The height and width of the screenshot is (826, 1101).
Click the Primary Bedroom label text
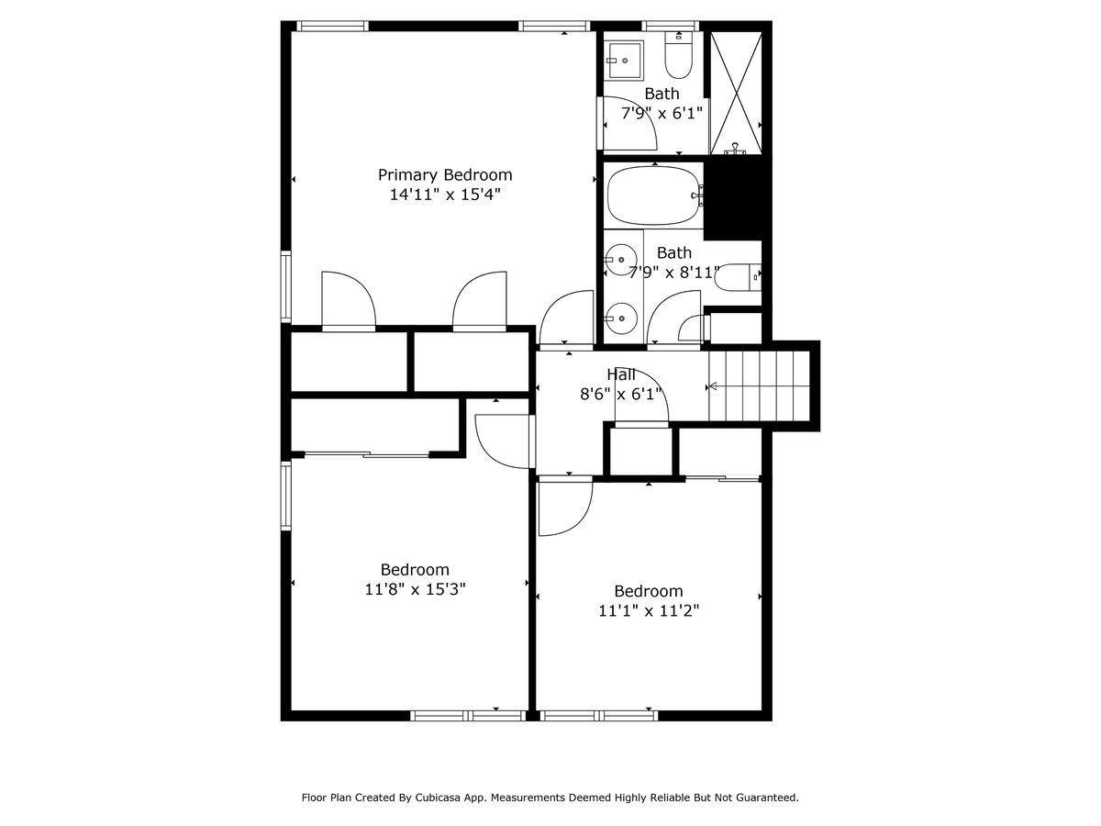tap(445, 174)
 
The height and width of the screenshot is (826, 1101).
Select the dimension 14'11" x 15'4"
tap(445, 195)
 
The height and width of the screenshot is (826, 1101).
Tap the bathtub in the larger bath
tap(652, 195)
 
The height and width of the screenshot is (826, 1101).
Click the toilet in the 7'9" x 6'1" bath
tap(678, 60)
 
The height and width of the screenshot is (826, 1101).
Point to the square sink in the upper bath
tap(625, 60)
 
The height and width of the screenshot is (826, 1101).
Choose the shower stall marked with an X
tap(738, 92)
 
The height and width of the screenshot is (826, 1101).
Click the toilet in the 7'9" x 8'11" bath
tap(740, 275)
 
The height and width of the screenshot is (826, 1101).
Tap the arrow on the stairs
tap(713, 386)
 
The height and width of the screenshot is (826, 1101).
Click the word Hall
tap(620, 374)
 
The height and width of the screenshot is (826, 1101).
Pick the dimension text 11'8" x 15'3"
tap(415, 589)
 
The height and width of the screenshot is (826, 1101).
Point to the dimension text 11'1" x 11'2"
tap(649, 610)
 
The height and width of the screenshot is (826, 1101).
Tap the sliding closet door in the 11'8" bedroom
tap(367, 453)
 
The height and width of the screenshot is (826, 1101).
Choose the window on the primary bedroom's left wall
tap(286, 287)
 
